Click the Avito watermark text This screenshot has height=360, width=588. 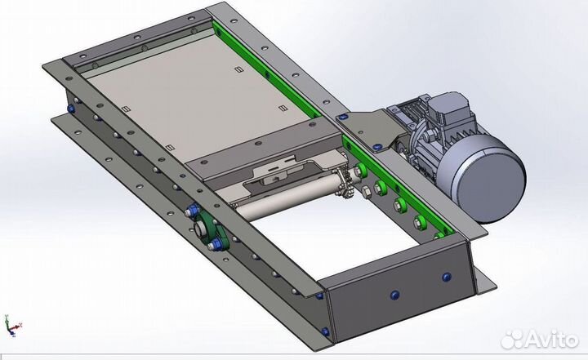pyautogui.click(x=551, y=340)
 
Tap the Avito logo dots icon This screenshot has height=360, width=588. pyautogui.click(x=511, y=340)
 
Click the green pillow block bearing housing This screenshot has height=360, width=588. pyautogui.click(x=211, y=229)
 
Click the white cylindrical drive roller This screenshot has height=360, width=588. pyautogui.click(x=286, y=198)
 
